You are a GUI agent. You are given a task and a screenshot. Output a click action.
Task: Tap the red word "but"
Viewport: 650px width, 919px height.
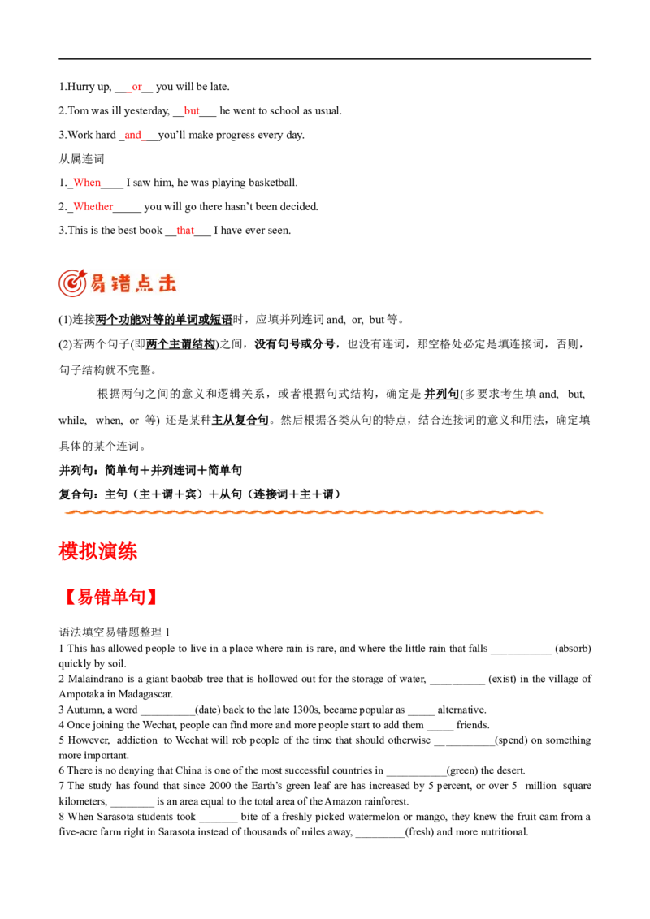pos(191,110)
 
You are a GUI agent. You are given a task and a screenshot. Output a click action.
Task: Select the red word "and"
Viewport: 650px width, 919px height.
pos(133,136)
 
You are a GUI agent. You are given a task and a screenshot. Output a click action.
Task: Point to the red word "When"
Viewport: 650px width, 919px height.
pos(87,183)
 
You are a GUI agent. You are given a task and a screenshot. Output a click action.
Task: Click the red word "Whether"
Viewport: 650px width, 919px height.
pos(93,207)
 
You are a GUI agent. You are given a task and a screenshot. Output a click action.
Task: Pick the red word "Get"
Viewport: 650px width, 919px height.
pos(185,231)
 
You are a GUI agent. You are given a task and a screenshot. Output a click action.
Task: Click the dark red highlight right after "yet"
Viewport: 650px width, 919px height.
pos(149,87)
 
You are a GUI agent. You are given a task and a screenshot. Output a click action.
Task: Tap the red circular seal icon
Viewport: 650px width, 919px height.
pos(72,283)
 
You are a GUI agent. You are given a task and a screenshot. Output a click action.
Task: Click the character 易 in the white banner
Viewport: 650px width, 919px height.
pos(99,283)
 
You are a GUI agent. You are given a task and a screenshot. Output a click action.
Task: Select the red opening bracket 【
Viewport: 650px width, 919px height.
pos(70,598)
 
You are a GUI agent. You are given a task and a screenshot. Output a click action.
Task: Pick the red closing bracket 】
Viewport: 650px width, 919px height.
pos(153,598)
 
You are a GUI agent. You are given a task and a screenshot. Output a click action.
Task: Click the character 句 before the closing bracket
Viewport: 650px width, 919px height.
pos(140,598)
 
